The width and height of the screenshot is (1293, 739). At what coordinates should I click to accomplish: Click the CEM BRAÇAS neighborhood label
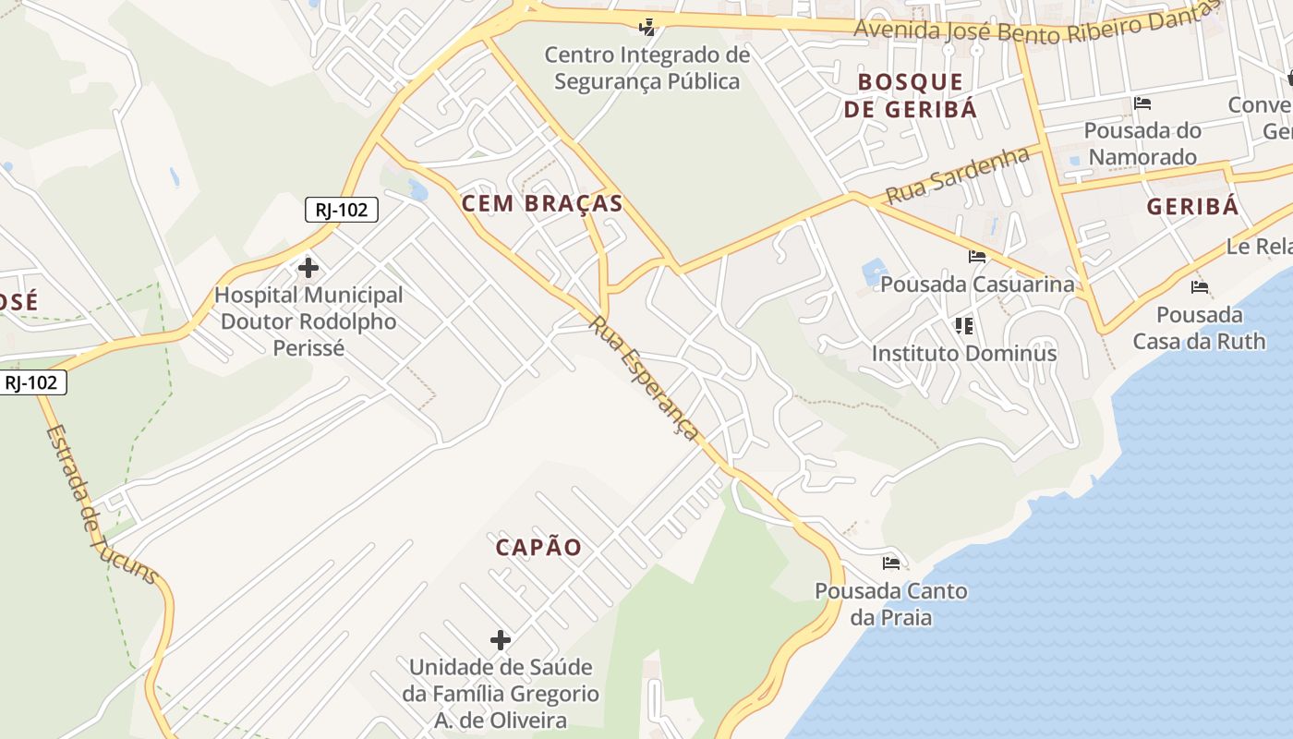(x=542, y=204)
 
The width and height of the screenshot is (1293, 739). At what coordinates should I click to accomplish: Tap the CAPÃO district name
(x=538, y=548)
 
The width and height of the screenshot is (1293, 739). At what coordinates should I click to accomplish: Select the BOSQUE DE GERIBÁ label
(x=910, y=95)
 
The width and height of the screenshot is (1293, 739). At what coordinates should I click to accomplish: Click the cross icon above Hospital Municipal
(x=308, y=269)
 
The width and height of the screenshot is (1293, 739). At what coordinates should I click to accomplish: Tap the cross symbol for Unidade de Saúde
(x=501, y=640)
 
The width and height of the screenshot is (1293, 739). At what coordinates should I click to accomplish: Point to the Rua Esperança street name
(x=645, y=380)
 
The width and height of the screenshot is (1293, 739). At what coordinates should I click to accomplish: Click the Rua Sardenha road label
(x=957, y=176)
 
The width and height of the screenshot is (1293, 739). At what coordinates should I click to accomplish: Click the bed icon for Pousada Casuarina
(x=977, y=257)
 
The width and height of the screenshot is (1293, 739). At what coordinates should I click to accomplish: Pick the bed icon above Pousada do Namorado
(x=1142, y=103)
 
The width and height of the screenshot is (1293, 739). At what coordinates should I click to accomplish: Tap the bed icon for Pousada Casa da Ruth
(x=1200, y=287)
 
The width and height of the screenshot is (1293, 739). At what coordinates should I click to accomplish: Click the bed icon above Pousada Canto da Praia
(x=891, y=563)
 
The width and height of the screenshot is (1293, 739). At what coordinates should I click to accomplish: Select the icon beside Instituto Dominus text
(x=964, y=325)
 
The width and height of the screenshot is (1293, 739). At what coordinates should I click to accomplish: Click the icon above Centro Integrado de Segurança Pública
(x=647, y=27)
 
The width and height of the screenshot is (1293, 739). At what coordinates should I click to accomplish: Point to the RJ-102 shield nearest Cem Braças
(x=342, y=210)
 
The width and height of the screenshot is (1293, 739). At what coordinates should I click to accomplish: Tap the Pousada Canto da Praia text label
(x=891, y=604)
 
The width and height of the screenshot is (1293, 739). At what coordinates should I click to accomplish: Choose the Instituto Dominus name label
(x=964, y=353)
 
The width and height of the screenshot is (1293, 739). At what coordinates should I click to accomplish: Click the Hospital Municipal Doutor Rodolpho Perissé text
(x=308, y=321)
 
